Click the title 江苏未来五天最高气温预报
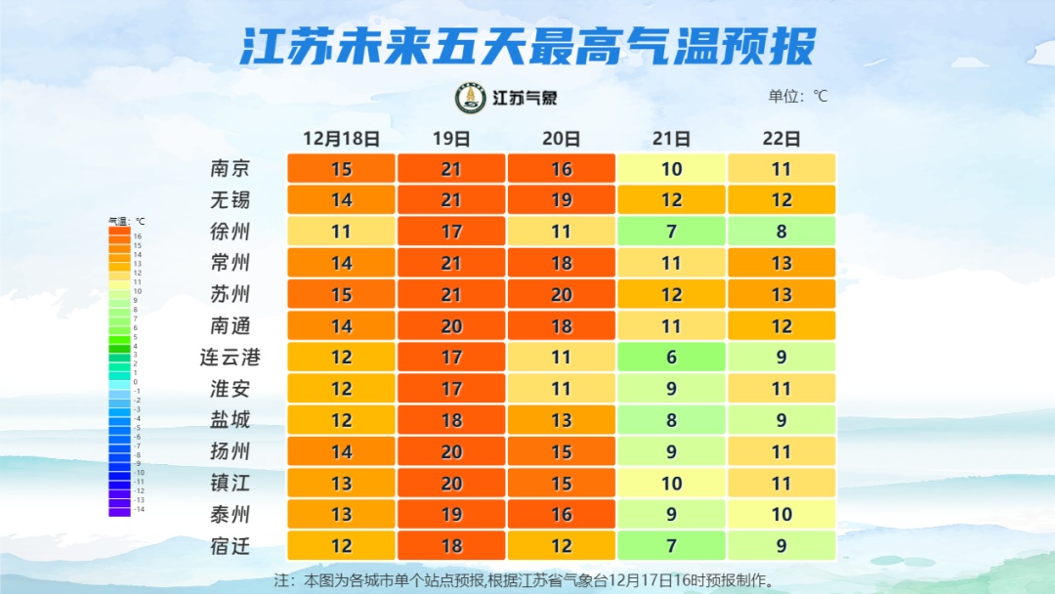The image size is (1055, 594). [527, 46]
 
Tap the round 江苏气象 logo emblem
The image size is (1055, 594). [471, 98]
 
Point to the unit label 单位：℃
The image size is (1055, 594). [798, 96]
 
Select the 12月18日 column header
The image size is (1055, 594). [341, 138]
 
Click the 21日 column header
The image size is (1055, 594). [671, 138]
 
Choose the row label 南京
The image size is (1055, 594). [231, 169]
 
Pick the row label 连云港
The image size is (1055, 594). [231, 357]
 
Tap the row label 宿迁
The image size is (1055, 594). [231, 545]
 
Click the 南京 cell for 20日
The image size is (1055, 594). [561, 169]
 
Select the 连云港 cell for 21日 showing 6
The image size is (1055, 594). [671, 357]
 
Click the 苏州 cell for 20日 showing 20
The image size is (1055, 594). [561, 294]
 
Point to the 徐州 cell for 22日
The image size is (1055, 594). [781, 232]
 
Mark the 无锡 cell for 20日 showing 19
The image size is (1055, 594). [561, 200]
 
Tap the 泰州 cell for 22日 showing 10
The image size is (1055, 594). [781, 514]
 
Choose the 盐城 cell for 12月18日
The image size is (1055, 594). [341, 419]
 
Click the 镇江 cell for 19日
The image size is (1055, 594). [450, 483]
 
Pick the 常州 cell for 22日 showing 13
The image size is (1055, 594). [781, 263]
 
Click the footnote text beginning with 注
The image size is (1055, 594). [527, 579]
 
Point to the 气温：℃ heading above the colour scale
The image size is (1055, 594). [126, 222]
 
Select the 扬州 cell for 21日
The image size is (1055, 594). [671, 451]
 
